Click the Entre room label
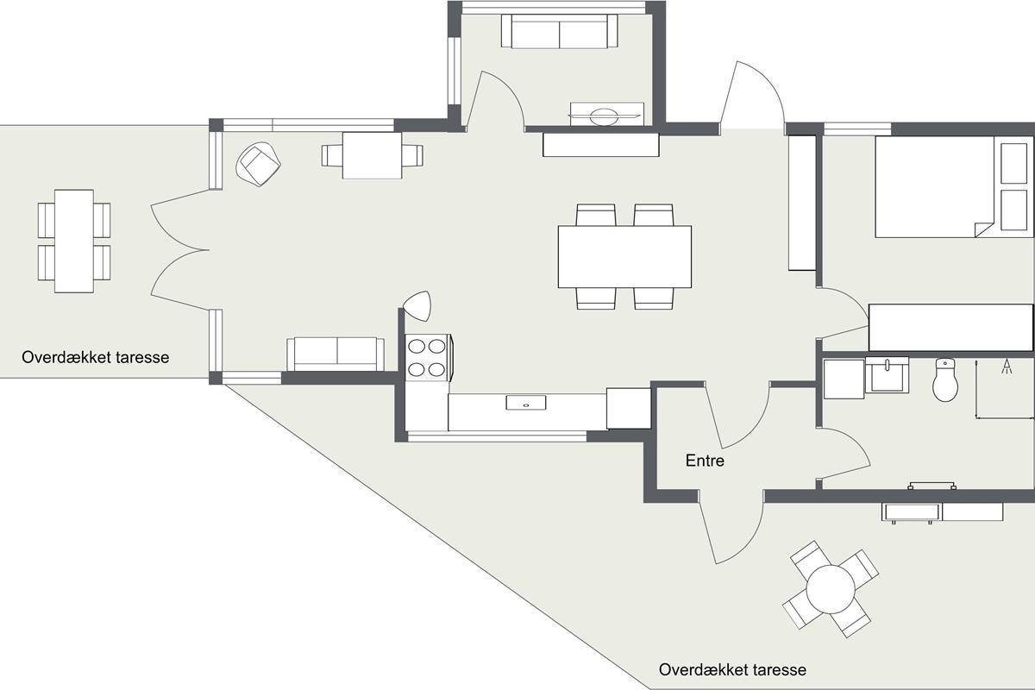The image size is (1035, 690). (705, 461)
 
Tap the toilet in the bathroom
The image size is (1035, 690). (945, 379)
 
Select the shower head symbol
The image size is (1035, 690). (1007, 367)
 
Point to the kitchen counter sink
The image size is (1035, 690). (526, 402)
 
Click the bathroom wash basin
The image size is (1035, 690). (887, 375)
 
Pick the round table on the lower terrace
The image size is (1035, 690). (831, 589)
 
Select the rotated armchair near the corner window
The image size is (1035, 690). (258, 164)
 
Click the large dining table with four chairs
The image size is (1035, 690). (624, 257)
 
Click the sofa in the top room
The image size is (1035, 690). (559, 31)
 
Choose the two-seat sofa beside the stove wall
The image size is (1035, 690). (336, 354)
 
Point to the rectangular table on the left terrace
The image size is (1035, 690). (74, 241)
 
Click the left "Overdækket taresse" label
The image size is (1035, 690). (95, 357)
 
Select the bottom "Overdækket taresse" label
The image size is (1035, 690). (732, 669)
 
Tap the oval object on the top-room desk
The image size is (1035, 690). (604, 116)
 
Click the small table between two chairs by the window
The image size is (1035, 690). (372, 155)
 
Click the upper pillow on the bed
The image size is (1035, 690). (1013, 163)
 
